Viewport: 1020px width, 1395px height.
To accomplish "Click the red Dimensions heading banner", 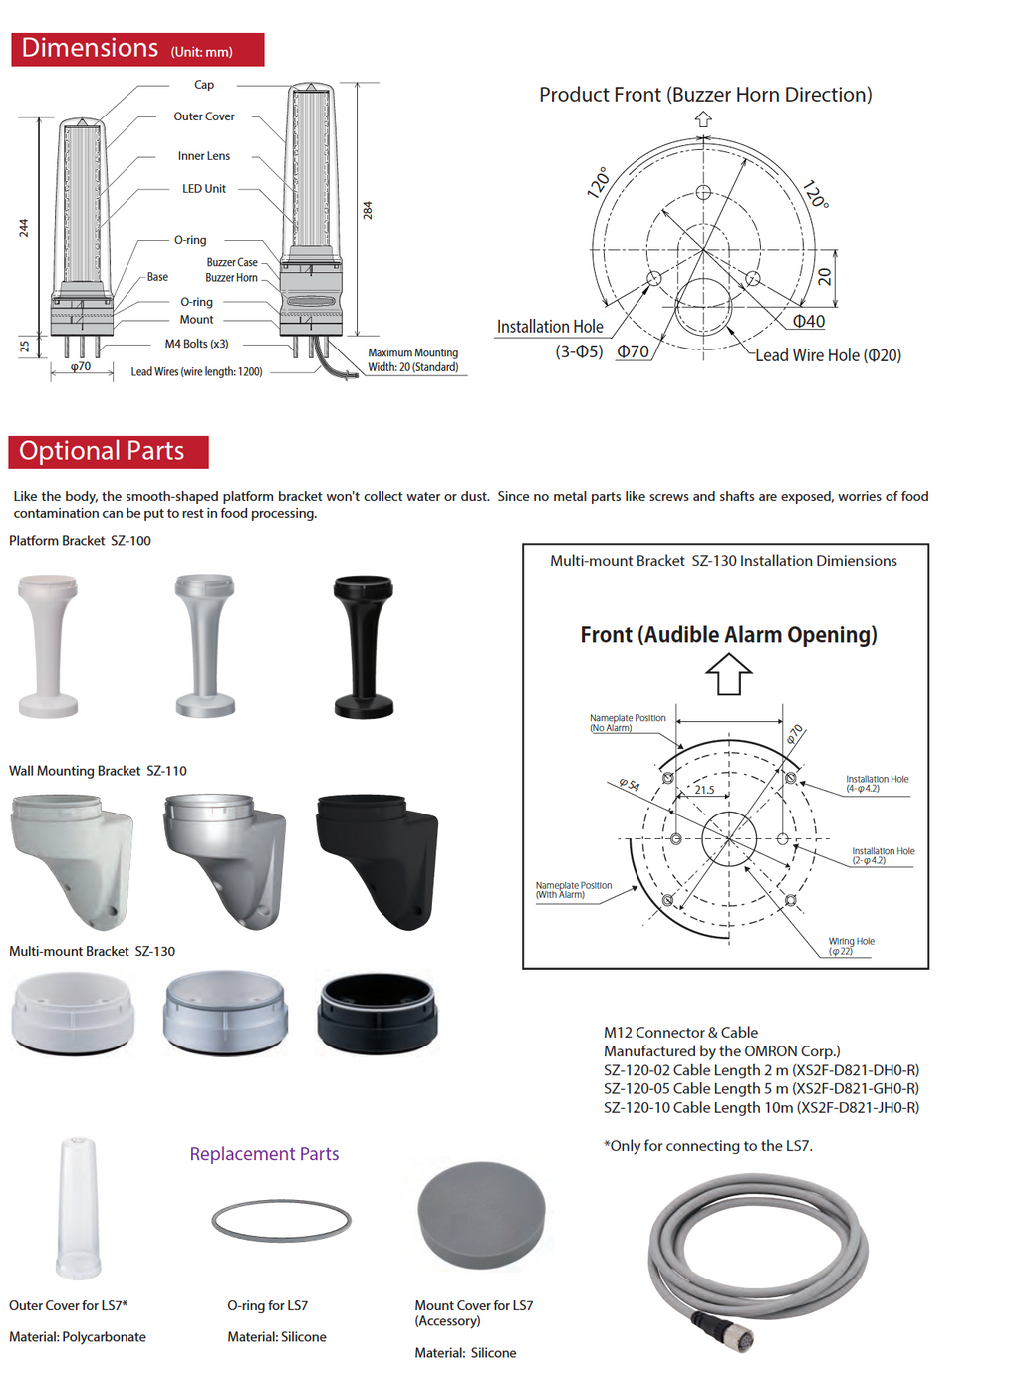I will coord(137,49).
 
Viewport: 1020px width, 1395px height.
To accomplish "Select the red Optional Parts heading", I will coord(108,452).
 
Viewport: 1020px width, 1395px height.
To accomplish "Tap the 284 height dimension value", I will coord(367,211).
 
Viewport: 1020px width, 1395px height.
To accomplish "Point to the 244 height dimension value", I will coord(24,228).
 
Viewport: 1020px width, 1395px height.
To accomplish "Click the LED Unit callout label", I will coord(203,189).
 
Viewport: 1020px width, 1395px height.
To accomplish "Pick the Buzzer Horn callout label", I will coord(231,278).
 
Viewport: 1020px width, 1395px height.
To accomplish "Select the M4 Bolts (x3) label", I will coord(196,344).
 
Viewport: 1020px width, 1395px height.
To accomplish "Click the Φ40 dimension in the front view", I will coord(808,321).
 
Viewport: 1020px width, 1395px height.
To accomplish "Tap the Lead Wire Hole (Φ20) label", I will coord(828,355).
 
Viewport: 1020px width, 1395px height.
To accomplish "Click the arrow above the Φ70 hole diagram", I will coord(703,118).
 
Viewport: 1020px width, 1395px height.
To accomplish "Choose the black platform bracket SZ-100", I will coord(364,645).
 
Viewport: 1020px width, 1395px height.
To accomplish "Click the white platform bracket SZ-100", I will coord(48,645).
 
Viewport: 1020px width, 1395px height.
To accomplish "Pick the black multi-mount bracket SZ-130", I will coord(377,1013).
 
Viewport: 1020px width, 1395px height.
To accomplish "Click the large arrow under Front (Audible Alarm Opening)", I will coord(728,674).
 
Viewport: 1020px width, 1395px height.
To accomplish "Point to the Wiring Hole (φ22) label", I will coord(851,946).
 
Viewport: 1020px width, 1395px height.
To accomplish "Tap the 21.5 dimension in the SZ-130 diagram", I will coord(704,790).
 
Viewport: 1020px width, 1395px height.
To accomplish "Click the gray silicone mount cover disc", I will coord(481,1214).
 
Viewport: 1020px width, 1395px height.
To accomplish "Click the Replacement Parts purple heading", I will coord(264,1154).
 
